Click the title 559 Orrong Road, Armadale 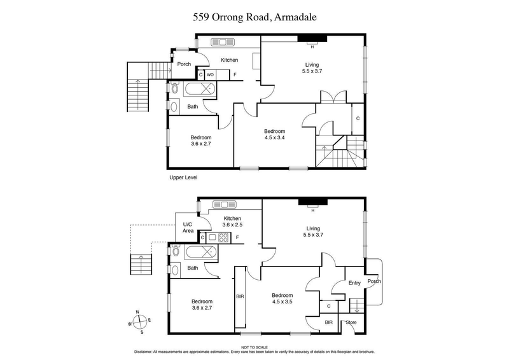[x=254, y=18]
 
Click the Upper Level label [x=183, y=177]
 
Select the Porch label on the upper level [x=185, y=64]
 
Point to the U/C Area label [x=188, y=228]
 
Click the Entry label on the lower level [x=354, y=284]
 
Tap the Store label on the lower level [x=351, y=323]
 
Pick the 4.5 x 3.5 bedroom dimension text [x=282, y=302]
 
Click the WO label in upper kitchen [x=210, y=74]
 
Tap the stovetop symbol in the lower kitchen [x=223, y=238]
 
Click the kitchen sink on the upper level [x=223, y=43]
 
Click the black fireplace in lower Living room [x=312, y=204]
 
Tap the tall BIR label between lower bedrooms [x=240, y=296]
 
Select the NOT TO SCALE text [x=254, y=347]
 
